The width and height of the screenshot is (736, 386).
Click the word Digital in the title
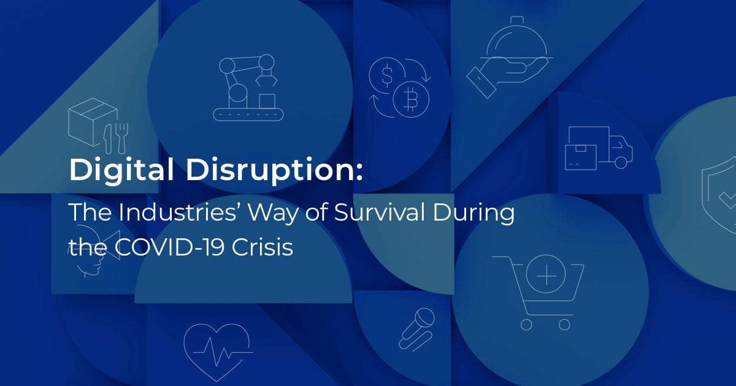pos(121,170)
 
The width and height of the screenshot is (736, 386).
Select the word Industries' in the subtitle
pos(180,212)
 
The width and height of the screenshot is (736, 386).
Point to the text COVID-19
pos(169,247)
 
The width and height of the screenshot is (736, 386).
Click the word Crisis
pos(263,247)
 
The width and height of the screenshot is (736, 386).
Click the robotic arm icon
pos(248,88)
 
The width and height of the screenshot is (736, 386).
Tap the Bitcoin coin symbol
pos(411,99)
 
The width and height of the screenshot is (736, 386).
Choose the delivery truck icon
pos(599,148)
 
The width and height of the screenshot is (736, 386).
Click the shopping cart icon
pos(539,292)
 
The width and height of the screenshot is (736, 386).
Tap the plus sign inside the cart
pos(546,275)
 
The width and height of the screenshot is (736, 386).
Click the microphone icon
pos(416,329)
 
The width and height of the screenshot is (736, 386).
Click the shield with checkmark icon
pos(719,197)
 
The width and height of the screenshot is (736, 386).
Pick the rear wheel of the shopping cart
pos(526,325)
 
